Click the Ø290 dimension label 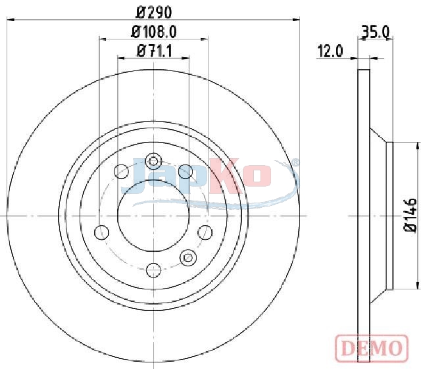tap(153, 12)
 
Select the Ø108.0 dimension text tap(153, 32)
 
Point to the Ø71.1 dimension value tap(154, 51)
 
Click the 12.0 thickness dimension tap(330, 51)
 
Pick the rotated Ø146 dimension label tap(410, 215)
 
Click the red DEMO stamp tap(372, 349)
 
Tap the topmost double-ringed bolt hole tap(153, 161)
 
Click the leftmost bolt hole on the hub tap(102, 232)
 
